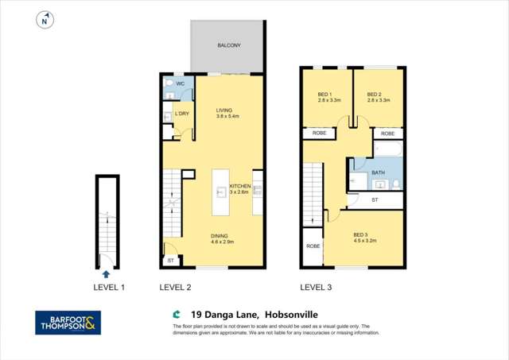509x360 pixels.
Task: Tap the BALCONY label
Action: click(229, 46)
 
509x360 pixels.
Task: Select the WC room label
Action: click(181, 83)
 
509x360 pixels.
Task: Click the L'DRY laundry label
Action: click(182, 114)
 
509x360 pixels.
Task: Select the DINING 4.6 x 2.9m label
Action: click(223, 238)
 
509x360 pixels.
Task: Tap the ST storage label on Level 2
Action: click(169, 260)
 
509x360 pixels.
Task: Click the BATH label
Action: click(377, 172)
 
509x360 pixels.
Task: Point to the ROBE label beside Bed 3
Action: click(313, 247)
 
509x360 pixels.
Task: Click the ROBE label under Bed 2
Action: click(387, 134)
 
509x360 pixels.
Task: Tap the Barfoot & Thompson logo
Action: click(69, 322)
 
